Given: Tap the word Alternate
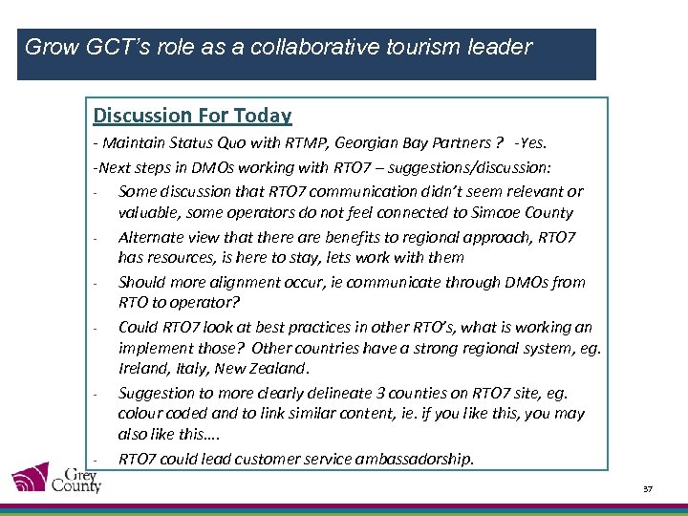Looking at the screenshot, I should point(150,236).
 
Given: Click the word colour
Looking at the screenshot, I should point(141,414).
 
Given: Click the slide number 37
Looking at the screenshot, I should point(647,489).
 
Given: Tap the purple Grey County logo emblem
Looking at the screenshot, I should point(32,478).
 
